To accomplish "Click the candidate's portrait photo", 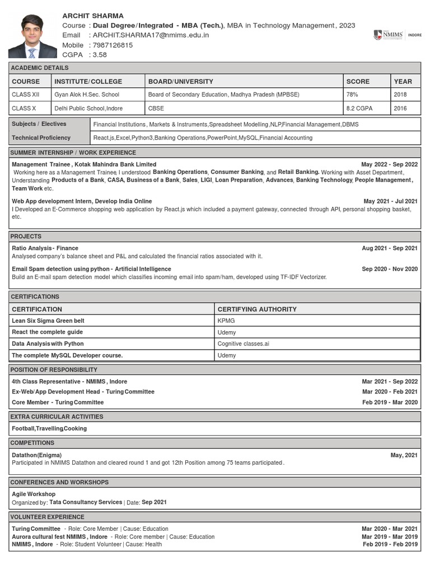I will [32, 36].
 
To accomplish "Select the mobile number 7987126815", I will [113, 45].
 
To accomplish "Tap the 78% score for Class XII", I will [353, 95].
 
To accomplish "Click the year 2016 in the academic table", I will [400, 108].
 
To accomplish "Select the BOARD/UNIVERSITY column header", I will [180, 81].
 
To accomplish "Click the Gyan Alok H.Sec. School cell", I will [87, 95].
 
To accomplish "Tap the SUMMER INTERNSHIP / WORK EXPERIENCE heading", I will [73, 152].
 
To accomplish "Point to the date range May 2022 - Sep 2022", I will [389, 164].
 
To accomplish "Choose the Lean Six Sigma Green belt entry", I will [48, 321].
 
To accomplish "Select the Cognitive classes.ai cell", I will [243, 344].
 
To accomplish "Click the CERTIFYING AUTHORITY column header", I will [257, 309].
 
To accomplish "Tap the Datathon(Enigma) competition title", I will [37, 455].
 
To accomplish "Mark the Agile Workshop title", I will [34, 494].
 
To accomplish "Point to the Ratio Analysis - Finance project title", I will [45, 248].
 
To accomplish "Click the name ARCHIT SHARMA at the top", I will [93, 16].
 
